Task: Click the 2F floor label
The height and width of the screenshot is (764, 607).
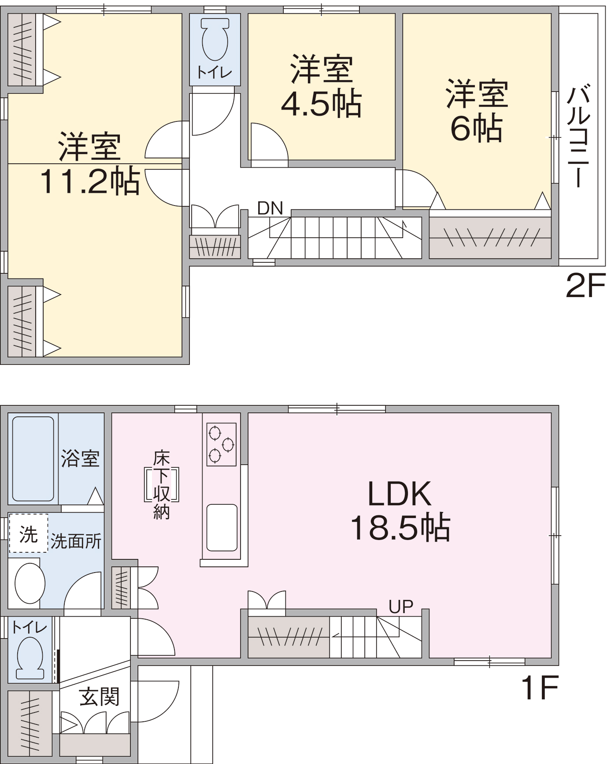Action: click(x=585, y=285)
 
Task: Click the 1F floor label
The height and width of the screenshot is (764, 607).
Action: click(x=540, y=687)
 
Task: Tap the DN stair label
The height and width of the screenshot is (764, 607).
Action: click(x=270, y=208)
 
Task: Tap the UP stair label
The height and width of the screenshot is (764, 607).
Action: click(x=401, y=607)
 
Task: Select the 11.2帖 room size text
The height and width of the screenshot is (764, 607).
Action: click(x=90, y=181)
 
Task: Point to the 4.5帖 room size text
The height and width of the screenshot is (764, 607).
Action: click(x=321, y=104)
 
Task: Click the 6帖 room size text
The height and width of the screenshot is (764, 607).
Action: click(x=476, y=128)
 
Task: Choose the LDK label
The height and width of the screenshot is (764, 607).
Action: click(x=399, y=494)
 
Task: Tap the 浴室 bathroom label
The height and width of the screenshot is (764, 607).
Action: click(x=80, y=459)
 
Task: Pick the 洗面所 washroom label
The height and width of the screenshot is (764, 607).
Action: click(x=76, y=541)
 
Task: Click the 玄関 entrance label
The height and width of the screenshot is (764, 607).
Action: click(x=100, y=697)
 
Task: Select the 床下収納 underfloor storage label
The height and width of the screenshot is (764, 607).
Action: click(x=162, y=485)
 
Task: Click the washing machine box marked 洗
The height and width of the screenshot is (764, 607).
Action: click(x=28, y=533)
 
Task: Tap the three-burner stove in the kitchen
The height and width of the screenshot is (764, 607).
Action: click(x=221, y=444)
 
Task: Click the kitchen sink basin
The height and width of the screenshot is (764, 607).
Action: click(x=222, y=528)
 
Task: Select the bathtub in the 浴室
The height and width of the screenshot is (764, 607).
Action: click(x=33, y=459)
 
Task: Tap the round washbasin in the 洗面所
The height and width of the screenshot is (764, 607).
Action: click(x=30, y=583)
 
